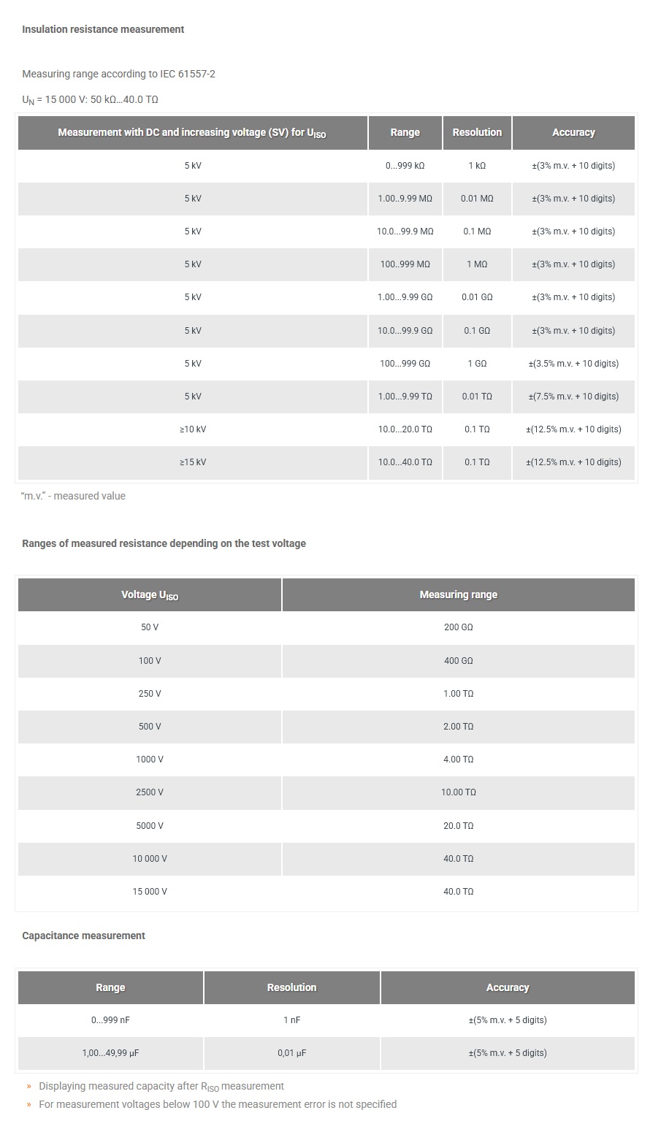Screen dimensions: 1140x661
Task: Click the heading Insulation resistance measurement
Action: (x=103, y=29)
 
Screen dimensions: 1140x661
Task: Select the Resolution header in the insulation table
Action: (x=477, y=132)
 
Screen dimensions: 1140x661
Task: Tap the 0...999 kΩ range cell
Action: (x=405, y=166)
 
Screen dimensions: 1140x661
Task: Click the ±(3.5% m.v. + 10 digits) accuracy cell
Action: (x=573, y=364)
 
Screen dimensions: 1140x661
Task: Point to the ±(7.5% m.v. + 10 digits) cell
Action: (x=573, y=397)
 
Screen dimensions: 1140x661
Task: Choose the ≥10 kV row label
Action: (x=193, y=429)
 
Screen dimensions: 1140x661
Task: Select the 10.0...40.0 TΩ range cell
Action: (x=405, y=462)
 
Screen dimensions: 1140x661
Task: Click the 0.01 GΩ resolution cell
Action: (x=477, y=297)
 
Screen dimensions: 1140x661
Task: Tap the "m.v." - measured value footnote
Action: (x=74, y=496)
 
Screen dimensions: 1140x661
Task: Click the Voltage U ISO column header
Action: (x=150, y=595)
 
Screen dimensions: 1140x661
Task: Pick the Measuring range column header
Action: (x=458, y=594)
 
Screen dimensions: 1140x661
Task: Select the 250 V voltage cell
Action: (x=150, y=693)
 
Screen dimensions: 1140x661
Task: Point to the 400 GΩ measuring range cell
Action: (x=458, y=660)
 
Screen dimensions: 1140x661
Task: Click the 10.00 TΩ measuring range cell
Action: (x=458, y=792)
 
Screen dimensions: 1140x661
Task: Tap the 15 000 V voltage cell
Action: (x=150, y=892)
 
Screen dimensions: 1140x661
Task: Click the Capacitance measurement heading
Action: (x=83, y=936)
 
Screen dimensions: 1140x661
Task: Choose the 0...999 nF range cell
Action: (x=110, y=1020)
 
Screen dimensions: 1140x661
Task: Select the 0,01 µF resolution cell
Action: (x=291, y=1053)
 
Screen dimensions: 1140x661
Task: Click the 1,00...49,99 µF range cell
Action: (x=110, y=1053)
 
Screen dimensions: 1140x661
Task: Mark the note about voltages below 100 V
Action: (x=218, y=1104)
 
